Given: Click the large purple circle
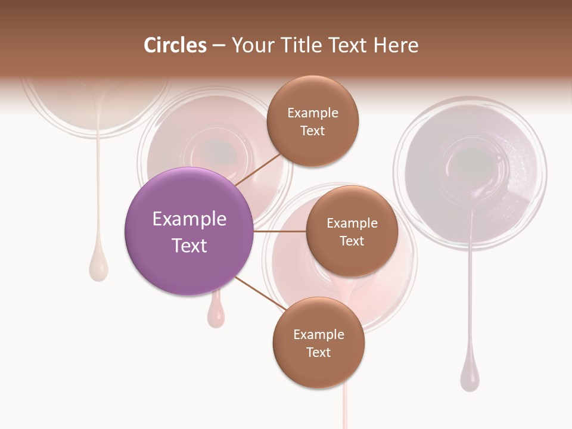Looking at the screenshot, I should tap(189, 231).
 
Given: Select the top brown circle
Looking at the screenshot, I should tap(312, 121).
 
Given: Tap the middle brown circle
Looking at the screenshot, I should tap(352, 231).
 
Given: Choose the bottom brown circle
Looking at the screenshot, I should tap(318, 343).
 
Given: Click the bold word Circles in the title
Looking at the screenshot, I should tap(175, 45).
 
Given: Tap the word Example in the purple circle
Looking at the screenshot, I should tap(189, 219).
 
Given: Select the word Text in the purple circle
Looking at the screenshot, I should tap(189, 245).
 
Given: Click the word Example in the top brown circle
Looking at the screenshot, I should tap(312, 113).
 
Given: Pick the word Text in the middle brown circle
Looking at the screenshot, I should tap(352, 241).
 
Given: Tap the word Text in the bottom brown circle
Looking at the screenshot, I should tap(318, 352).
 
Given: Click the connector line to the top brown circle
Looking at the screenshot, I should tap(259, 169).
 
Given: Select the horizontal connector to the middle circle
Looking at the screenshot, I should tap(279, 231).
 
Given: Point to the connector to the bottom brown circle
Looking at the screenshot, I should tap(260, 293).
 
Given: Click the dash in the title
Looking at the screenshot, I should tap(219, 46).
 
